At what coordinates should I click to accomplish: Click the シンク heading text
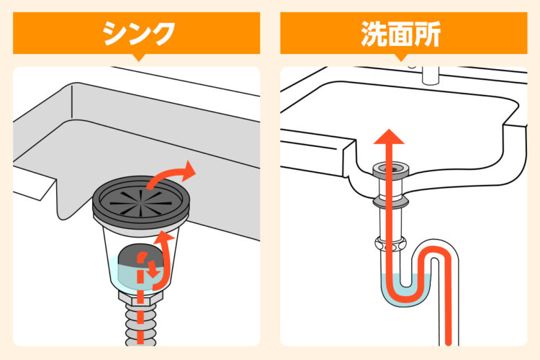[x=139, y=33]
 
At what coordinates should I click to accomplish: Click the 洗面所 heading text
[x=401, y=34]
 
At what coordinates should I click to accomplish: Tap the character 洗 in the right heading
[x=374, y=34]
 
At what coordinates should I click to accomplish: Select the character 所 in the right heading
[x=428, y=34]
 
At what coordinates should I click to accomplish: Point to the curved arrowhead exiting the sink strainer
[x=189, y=170]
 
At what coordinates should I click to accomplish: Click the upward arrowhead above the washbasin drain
[x=389, y=136]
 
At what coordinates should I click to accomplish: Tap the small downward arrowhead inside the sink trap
[x=153, y=273]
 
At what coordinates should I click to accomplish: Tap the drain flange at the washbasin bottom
[x=391, y=169]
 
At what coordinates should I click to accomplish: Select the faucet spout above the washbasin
[x=431, y=76]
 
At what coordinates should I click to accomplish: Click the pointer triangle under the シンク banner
[x=138, y=58]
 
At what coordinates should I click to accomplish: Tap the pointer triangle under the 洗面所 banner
[x=401, y=58]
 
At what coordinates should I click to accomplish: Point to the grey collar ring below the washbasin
[x=391, y=202]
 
